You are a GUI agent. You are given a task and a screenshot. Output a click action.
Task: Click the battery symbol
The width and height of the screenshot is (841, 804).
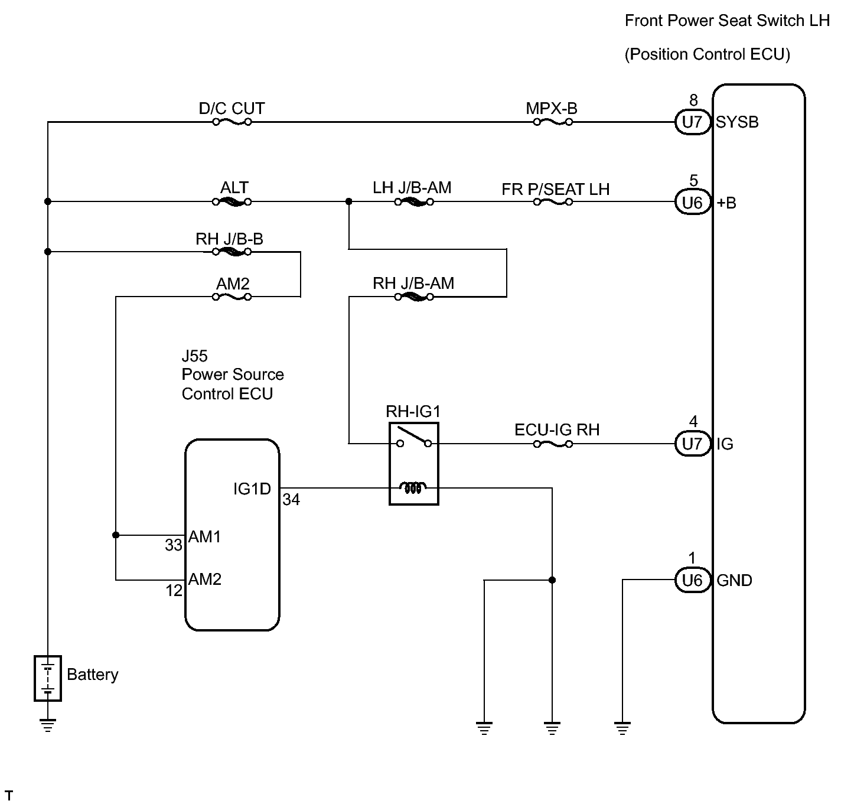(x=48, y=678)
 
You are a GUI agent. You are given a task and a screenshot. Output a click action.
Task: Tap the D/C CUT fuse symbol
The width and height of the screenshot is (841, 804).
(x=232, y=122)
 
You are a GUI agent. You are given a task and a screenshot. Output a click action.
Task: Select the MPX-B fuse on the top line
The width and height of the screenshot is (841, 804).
(x=552, y=122)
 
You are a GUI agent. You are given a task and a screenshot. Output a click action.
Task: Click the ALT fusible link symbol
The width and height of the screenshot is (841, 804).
(x=232, y=202)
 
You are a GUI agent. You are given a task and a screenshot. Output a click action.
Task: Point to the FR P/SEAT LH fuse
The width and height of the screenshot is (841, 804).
(x=552, y=202)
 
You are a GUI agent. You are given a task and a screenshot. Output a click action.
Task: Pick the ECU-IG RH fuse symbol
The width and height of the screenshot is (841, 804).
(x=552, y=444)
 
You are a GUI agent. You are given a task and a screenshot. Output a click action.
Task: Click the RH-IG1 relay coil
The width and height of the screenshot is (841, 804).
(x=413, y=488)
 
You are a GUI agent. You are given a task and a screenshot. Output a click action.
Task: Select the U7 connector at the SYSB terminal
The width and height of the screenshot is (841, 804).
(x=692, y=122)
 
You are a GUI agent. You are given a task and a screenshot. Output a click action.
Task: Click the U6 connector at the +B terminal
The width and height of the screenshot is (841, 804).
(x=692, y=203)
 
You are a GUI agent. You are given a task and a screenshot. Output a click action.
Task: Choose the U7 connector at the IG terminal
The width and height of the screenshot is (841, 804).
(x=692, y=444)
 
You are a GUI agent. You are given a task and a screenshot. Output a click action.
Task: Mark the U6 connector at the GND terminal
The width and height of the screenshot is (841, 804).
(x=692, y=581)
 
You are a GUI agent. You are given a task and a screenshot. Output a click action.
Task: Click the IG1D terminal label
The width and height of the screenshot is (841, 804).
(x=252, y=489)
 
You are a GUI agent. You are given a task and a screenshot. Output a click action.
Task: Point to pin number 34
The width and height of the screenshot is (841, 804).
(x=291, y=500)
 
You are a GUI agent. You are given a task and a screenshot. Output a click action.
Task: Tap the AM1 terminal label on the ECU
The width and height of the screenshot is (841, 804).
(x=205, y=536)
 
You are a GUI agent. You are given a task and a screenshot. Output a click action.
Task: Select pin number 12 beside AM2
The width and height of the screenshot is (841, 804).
(x=174, y=591)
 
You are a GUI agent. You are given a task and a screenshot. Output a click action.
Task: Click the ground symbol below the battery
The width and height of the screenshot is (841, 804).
(x=48, y=725)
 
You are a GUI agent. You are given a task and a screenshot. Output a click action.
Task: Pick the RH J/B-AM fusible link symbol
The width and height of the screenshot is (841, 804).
(x=413, y=297)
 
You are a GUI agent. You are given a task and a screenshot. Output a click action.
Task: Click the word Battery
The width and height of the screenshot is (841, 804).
(x=93, y=675)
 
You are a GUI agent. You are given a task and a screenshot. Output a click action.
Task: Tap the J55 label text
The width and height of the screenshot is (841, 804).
(x=194, y=356)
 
